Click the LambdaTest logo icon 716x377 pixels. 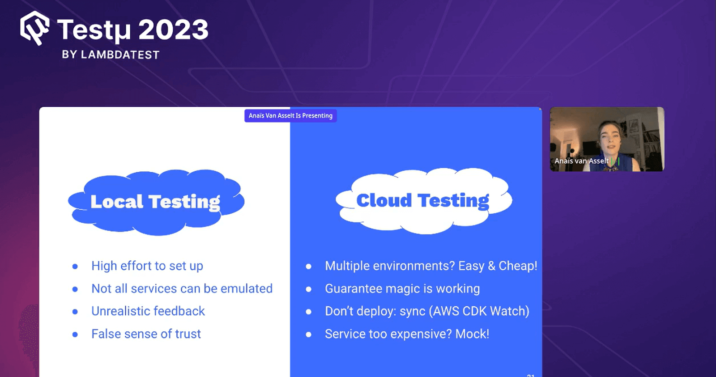coord(34,28)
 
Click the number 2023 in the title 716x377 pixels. coord(173,30)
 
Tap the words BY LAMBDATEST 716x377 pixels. coord(111,55)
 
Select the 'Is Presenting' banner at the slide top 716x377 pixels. coord(290,116)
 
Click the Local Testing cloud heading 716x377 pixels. coord(155,202)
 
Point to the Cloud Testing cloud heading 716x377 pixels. coord(422,200)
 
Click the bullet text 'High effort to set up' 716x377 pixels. coord(147,266)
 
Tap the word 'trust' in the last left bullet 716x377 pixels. coord(188,334)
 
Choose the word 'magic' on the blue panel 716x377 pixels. coord(402,289)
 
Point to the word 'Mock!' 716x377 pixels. coord(472,334)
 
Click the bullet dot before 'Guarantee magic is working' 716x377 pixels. coord(308,289)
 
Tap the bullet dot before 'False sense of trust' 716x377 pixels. coord(75,335)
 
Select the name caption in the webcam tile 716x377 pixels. coord(581,161)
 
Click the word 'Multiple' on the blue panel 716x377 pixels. coord(347,266)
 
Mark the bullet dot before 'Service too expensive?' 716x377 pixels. coord(308,335)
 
